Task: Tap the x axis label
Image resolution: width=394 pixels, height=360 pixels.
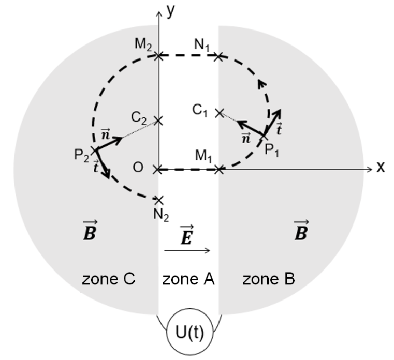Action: [381, 167]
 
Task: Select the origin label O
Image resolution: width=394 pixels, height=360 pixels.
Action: [139, 168]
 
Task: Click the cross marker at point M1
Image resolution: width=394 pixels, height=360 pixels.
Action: [220, 169]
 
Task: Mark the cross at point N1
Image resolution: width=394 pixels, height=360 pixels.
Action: [220, 55]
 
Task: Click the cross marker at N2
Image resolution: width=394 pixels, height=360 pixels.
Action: [159, 200]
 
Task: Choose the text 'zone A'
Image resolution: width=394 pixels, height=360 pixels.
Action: [188, 279]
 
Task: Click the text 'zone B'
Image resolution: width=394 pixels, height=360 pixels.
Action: [269, 279]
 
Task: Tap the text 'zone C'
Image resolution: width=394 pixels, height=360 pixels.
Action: [108, 279]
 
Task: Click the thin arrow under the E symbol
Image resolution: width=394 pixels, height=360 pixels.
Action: [187, 251]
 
